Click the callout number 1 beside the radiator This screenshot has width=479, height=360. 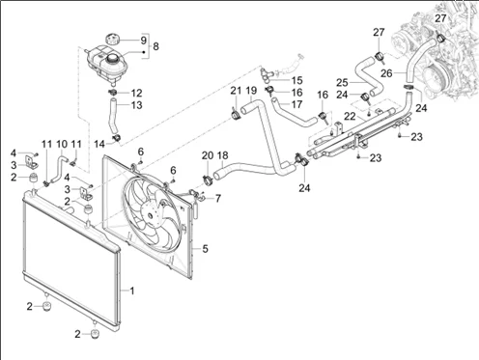[x=132, y=291]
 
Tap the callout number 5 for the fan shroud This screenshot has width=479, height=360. [x=205, y=249]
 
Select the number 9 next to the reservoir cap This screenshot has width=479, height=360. [x=144, y=41]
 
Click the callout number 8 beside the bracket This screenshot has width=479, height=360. [x=155, y=46]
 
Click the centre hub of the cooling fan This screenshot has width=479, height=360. [x=150, y=214]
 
